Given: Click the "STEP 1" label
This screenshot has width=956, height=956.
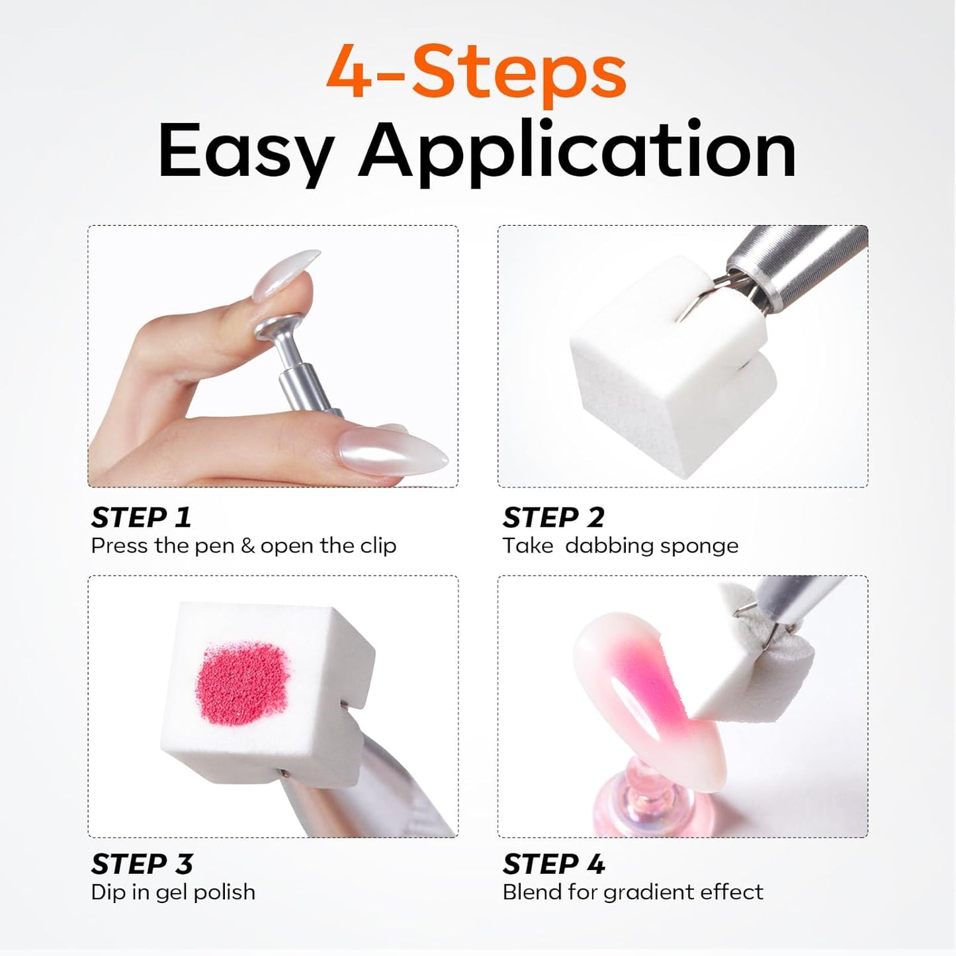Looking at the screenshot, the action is (142, 518).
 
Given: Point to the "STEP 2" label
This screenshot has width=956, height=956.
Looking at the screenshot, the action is (554, 518).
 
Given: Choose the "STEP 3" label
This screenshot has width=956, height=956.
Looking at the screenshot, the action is (142, 864).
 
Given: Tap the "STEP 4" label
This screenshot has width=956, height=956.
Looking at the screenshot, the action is (554, 864).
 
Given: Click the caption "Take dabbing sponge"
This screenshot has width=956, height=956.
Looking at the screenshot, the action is (620, 546).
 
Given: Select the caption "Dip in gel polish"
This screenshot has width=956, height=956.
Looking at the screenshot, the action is (173, 892).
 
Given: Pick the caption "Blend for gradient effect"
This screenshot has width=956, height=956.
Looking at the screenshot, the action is (633, 892).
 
